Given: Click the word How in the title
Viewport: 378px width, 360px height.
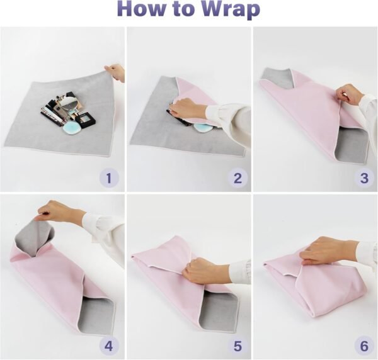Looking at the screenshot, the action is coord(140,9).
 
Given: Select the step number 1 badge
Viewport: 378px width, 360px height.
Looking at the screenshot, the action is coord(109,178).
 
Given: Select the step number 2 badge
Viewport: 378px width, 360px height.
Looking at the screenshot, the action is coord(238,178).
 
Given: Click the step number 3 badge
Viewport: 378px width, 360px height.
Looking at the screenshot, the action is coord(364,178).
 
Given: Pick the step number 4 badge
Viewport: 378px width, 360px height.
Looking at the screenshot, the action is coord(109,346).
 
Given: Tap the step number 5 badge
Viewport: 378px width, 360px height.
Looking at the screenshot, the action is coord(238,346).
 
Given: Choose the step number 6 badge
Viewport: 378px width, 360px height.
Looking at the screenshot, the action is coord(364,346).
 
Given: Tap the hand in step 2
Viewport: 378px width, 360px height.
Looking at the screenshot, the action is coord(186,108).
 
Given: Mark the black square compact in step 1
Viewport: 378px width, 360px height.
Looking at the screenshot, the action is coord(86,120).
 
